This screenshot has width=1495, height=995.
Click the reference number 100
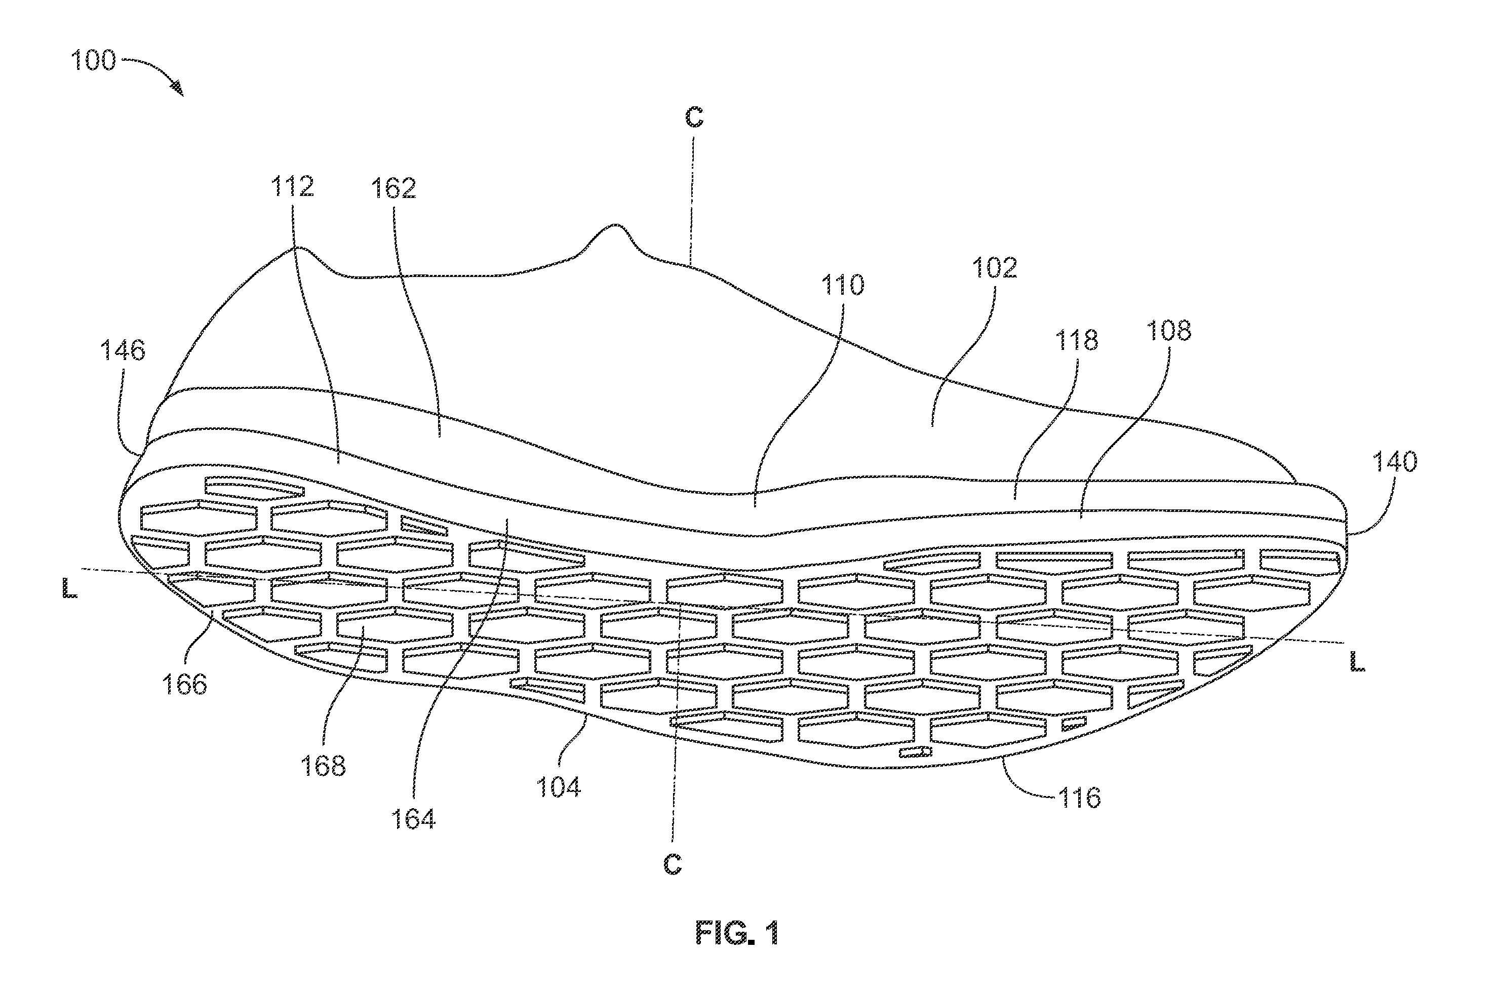pos(93,60)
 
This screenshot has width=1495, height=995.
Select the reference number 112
pos(293,186)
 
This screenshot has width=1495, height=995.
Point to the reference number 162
pos(394,188)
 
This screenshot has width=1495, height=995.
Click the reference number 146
pos(123,350)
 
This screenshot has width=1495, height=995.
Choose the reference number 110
pos(843,285)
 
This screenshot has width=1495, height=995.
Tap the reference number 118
pos(1076,340)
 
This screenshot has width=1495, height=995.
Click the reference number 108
pos(1169,331)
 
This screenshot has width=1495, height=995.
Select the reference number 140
pos(1395,461)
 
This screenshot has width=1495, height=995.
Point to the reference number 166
pos(185,684)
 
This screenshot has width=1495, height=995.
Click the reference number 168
pos(324,766)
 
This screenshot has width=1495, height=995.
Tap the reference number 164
pos(413,819)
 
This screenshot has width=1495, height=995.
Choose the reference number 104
pos(559,787)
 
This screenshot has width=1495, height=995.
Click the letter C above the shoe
pos(694,117)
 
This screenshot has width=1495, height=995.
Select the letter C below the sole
pos(673,864)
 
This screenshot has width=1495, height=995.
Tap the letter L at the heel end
pos(69,589)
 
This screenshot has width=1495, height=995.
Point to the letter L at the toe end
pos(1357,662)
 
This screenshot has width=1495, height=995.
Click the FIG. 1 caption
pos(737,933)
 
